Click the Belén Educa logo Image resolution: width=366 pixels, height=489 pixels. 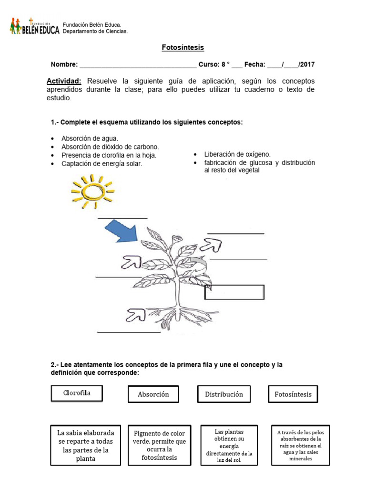pyautogui.click(x=34, y=27)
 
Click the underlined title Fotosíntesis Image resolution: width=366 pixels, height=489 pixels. pyautogui.click(x=183, y=48)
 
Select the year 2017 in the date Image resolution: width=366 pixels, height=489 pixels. pyautogui.click(x=307, y=64)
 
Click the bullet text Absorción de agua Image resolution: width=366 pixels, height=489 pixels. pyautogui.click(x=90, y=138)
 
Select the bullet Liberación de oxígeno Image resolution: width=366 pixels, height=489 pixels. pyautogui.click(x=237, y=154)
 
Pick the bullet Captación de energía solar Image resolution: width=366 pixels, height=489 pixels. pyautogui.click(x=102, y=164)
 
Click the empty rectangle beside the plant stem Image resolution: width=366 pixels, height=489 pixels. pyautogui.click(x=234, y=292)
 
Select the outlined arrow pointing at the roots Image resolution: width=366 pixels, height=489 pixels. pyautogui.click(x=136, y=314)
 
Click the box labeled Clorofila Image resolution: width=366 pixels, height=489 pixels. pyautogui.click(x=77, y=393)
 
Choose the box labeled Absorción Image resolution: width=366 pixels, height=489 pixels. pyautogui.click(x=153, y=394)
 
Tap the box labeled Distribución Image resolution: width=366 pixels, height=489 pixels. pyautogui.click(x=224, y=394)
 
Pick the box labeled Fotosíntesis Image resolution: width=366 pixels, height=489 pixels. pyautogui.click(x=293, y=394)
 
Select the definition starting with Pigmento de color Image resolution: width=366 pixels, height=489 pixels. pyautogui.click(x=160, y=445)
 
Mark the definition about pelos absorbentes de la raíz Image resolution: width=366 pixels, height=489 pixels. pyautogui.click(x=300, y=445)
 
